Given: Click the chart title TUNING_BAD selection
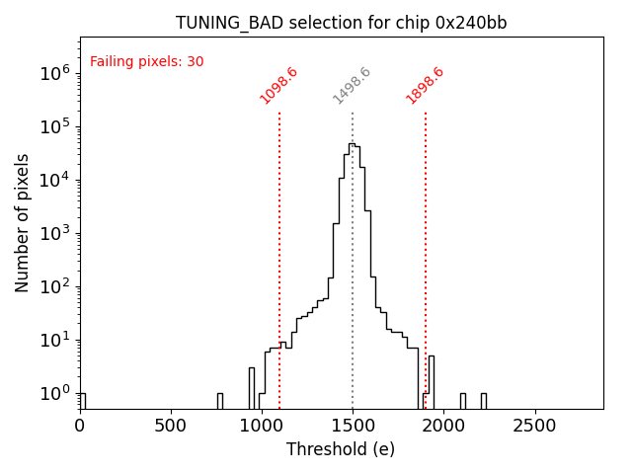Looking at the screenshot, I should pyautogui.click(x=341, y=23).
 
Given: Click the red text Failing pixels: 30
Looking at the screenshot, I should pyautogui.click(x=146, y=61).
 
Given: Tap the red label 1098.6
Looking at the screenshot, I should pyautogui.click(x=278, y=86).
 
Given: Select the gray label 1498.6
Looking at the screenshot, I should pyautogui.click(x=352, y=86).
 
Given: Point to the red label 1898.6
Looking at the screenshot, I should pyautogui.click(x=425, y=86).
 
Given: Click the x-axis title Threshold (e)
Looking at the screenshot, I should pyautogui.click(x=341, y=449).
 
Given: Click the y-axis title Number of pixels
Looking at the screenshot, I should pyautogui.click(x=23, y=222).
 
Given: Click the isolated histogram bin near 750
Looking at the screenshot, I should pyautogui.click(x=219, y=400).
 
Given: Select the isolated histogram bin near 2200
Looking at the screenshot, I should pyautogui.click(x=483, y=400).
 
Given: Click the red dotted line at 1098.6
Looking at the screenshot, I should pyautogui.click(x=279, y=247).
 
